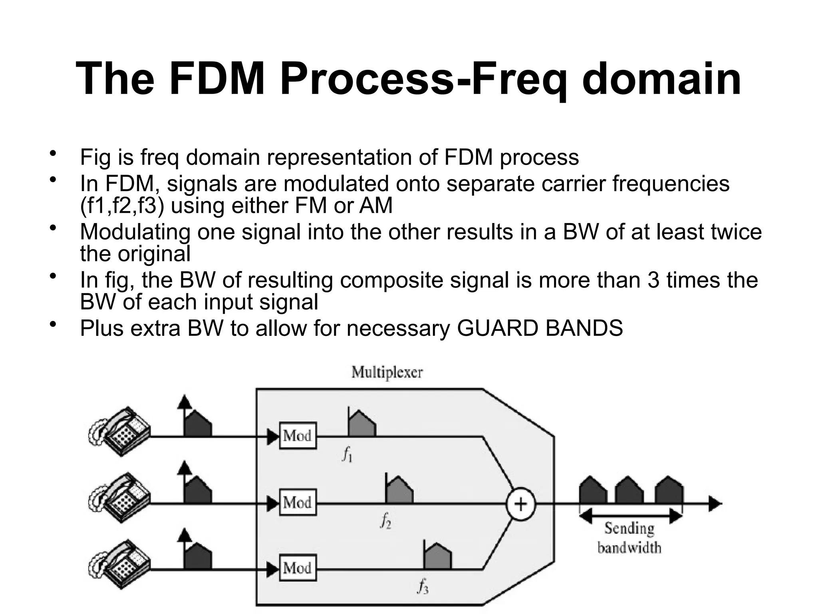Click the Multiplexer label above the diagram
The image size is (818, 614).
click(x=387, y=373)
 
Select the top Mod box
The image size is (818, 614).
click(x=298, y=435)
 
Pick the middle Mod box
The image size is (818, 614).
click(x=298, y=502)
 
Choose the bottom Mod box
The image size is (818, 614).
click(x=298, y=568)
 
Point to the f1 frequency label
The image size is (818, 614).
click(x=347, y=455)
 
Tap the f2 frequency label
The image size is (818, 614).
click(x=385, y=521)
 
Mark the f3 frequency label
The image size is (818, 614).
click(x=423, y=586)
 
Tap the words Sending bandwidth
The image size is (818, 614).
click(x=629, y=538)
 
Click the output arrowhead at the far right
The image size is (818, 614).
click(x=715, y=504)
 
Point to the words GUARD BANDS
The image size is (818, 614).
click(x=540, y=328)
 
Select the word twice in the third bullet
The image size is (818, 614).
click(x=737, y=232)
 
